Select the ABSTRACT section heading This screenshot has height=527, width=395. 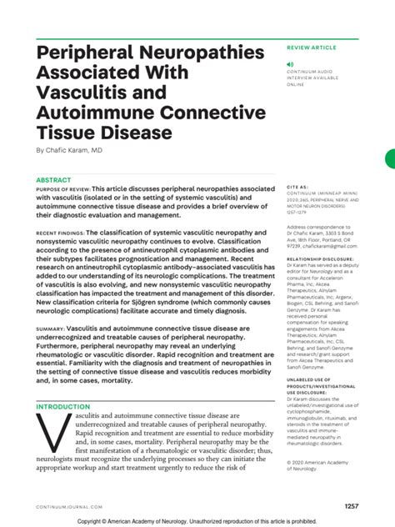(53, 180)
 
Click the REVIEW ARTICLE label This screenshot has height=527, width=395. (312, 50)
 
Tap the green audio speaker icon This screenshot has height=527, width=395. (290, 64)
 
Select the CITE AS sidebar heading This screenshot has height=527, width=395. (297, 188)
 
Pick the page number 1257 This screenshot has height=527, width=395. (351, 505)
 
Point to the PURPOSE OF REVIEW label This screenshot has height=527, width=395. (62, 189)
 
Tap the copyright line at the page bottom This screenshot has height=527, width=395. (197, 520)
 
